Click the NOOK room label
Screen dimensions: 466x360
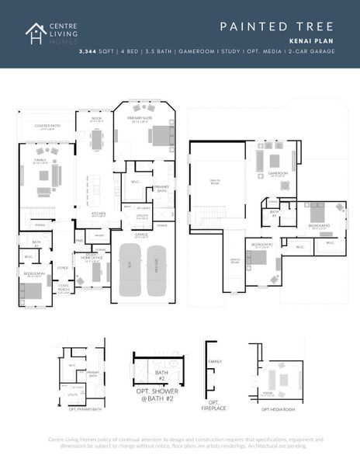[x=97, y=119]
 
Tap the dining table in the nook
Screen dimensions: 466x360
[x=97, y=139]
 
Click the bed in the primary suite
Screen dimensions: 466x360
[x=158, y=137]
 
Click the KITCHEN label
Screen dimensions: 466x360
[x=99, y=213]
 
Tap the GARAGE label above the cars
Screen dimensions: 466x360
[x=141, y=234]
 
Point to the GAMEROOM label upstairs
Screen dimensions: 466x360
[x=278, y=172]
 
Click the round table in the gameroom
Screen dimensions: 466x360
[x=285, y=186]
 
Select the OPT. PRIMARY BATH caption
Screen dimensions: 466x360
[x=84, y=408]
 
